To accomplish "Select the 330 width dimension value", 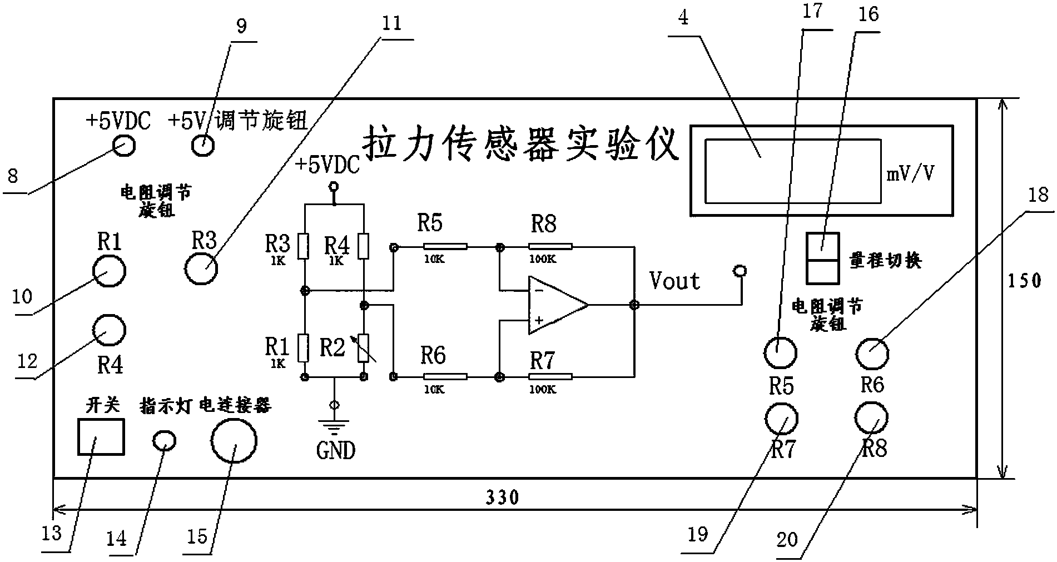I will tap(503, 496).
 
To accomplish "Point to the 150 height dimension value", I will tap(1024, 281).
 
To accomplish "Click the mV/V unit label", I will tap(910, 174).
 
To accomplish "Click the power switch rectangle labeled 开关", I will tap(100, 437).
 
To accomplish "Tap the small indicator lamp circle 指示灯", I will tap(164, 441).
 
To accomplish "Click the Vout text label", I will tap(674, 281).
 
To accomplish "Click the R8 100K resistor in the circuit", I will tap(550, 246).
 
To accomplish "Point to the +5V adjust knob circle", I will tap(203, 146).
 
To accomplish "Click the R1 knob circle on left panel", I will tap(109, 271).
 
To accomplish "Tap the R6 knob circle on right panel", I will tap(871, 353).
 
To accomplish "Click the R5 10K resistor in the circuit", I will tap(445, 246).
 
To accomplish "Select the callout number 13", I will tap(52, 535).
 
